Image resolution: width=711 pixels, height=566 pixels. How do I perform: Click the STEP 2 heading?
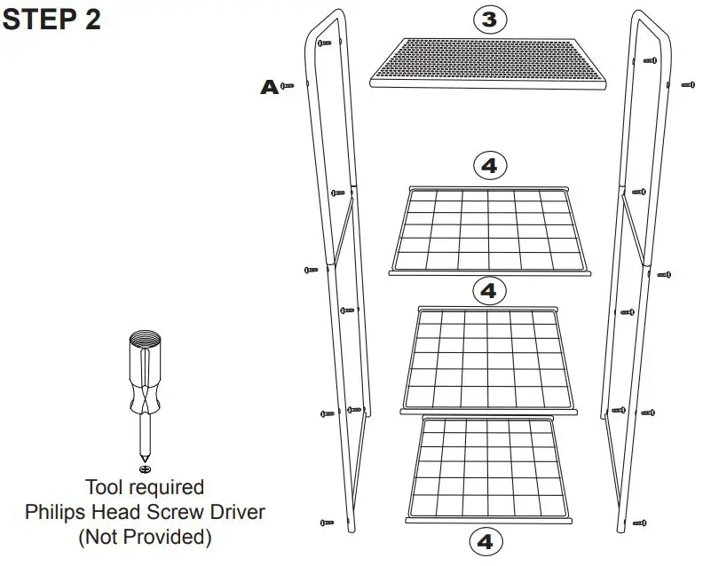pos(51,20)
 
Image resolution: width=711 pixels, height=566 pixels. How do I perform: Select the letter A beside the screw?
pos(268,87)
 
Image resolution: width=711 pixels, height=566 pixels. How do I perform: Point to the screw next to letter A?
pos(288,86)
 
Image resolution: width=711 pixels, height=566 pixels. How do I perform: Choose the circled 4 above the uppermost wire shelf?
pos(490,165)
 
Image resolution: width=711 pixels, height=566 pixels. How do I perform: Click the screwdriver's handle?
pos(146,373)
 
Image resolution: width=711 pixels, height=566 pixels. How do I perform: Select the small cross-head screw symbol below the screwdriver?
pos(146,468)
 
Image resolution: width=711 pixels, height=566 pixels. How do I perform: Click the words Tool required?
pos(144,487)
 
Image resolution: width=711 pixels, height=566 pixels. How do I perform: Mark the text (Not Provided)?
pos(144,537)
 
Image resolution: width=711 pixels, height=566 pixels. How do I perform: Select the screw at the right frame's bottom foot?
pos(639,523)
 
